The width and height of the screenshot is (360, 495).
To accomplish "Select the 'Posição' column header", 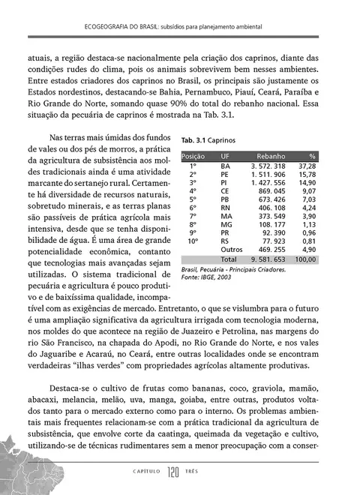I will point(193,155).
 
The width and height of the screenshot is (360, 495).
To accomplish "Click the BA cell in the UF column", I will point(226,166).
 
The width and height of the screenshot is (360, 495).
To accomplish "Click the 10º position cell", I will point(193,240).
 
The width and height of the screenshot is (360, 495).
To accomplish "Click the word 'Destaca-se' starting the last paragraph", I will point(71,390).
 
